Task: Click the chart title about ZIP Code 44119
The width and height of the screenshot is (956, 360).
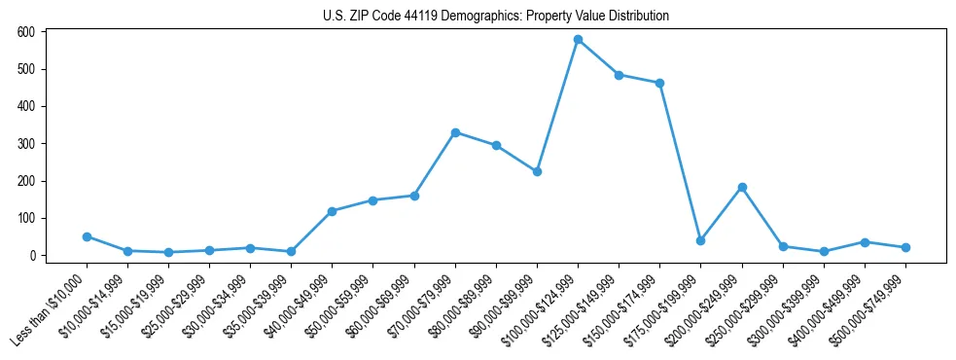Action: pyautogui.click(x=496, y=17)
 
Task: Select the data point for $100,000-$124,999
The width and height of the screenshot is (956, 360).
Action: pyautogui.click(x=578, y=40)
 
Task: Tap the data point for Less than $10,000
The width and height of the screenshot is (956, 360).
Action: pyautogui.click(x=87, y=236)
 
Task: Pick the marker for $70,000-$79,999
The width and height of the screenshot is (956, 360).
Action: pyautogui.click(x=455, y=132)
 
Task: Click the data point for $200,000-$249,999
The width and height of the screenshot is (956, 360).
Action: pyautogui.click(x=742, y=187)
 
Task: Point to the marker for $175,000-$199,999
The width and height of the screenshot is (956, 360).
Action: pyautogui.click(x=700, y=240)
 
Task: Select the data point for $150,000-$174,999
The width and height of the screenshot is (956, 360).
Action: pyautogui.click(x=659, y=83)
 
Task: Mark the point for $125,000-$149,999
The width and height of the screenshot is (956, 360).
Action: pyautogui.click(x=619, y=75)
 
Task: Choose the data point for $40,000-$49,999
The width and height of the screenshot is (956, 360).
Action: pyautogui.click(x=333, y=211)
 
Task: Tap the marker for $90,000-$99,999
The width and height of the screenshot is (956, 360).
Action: pyautogui.click(x=537, y=171)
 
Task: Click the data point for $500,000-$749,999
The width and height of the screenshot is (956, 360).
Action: pyautogui.click(x=905, y=247)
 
